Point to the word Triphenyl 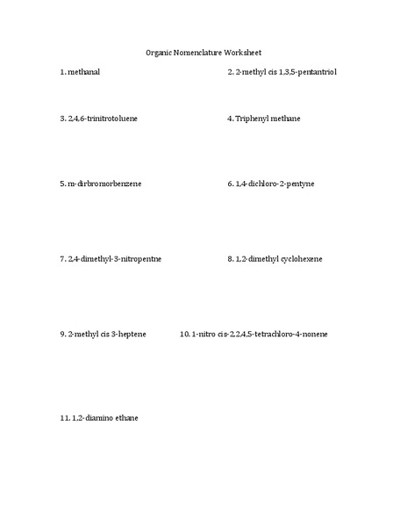click(253, 118)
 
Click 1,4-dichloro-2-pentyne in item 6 click(275, 184)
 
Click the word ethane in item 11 click(125, 418)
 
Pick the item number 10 click(184, 335)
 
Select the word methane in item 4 click(286, 118)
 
